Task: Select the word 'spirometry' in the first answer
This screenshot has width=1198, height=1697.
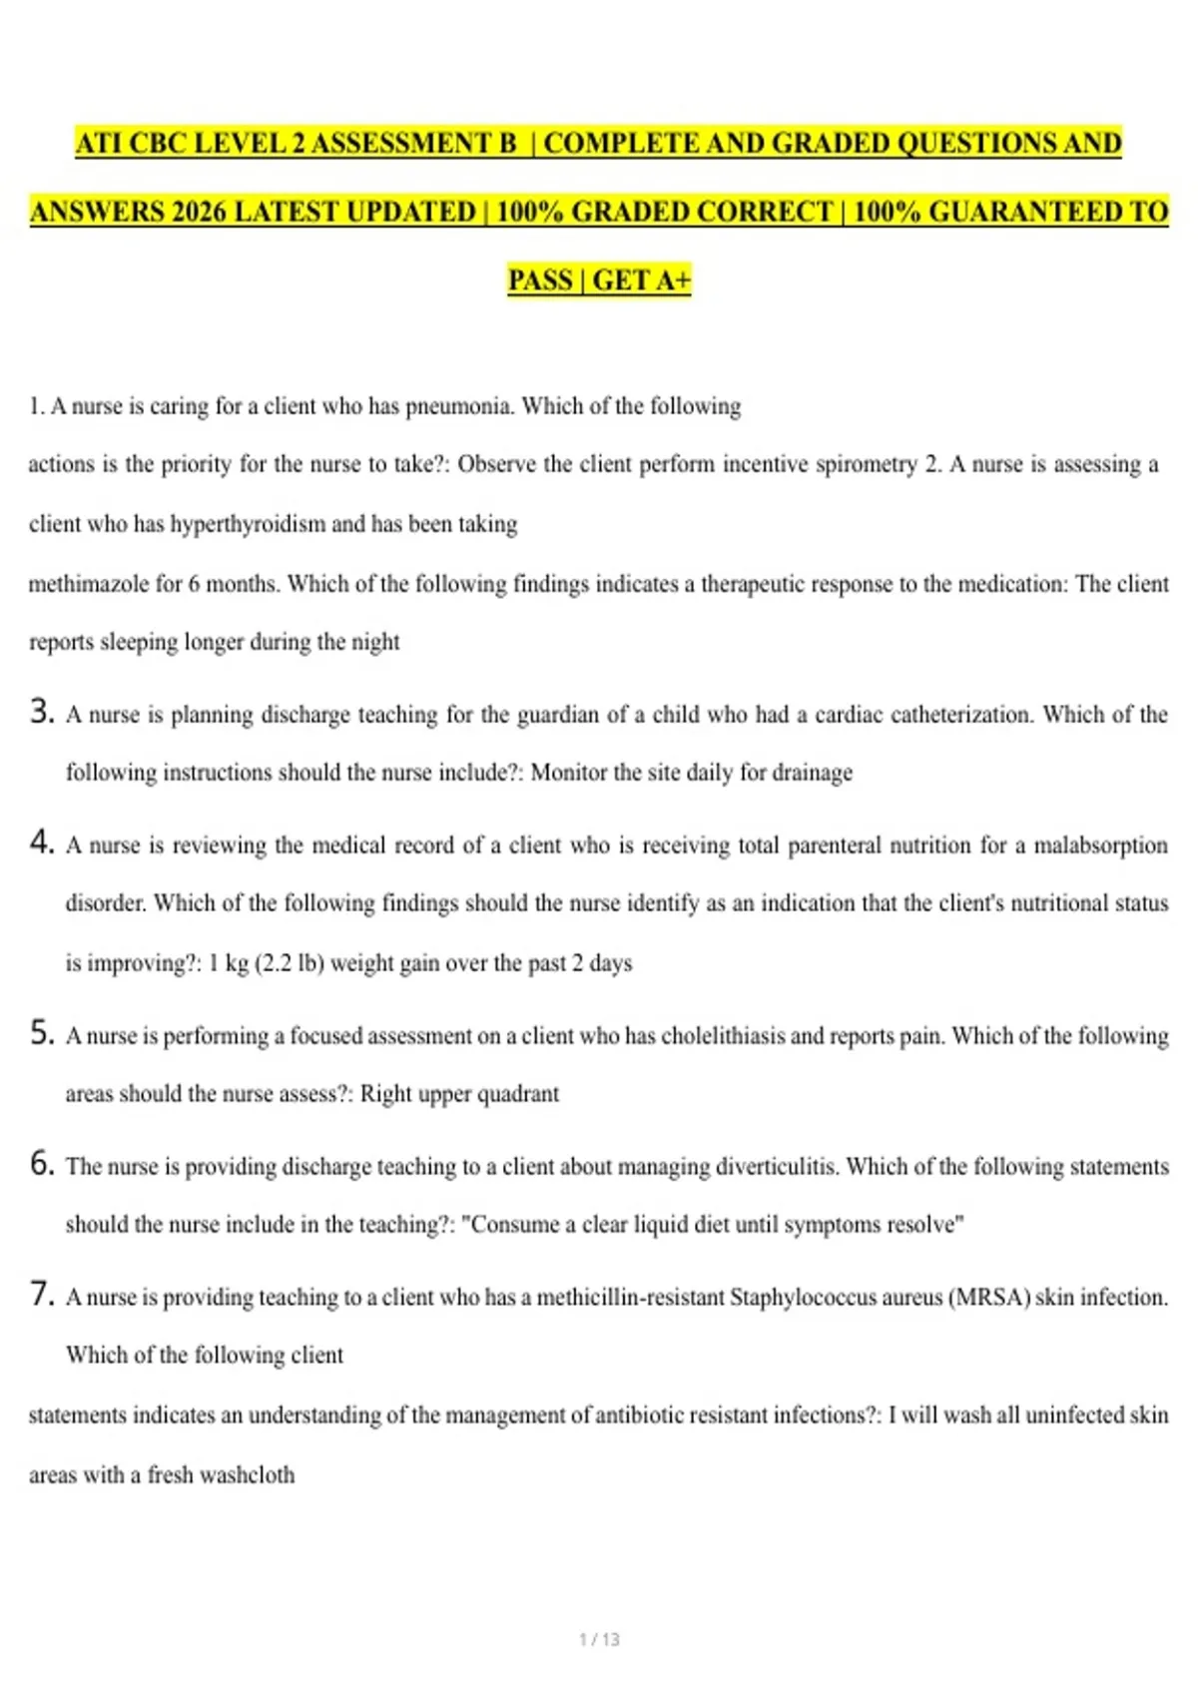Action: pos(866,464)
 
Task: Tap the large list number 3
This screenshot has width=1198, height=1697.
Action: pos(41,712)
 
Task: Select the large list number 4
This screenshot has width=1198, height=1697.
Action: pos(41,843)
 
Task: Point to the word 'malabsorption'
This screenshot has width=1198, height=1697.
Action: pos(1100,846)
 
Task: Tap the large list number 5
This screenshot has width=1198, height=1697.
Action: pos(41,1032)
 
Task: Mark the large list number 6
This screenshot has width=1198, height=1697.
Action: pos(41,1163)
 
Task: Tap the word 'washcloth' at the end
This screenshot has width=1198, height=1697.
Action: pos(247,1475)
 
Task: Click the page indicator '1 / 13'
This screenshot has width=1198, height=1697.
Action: pos(599,1639)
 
